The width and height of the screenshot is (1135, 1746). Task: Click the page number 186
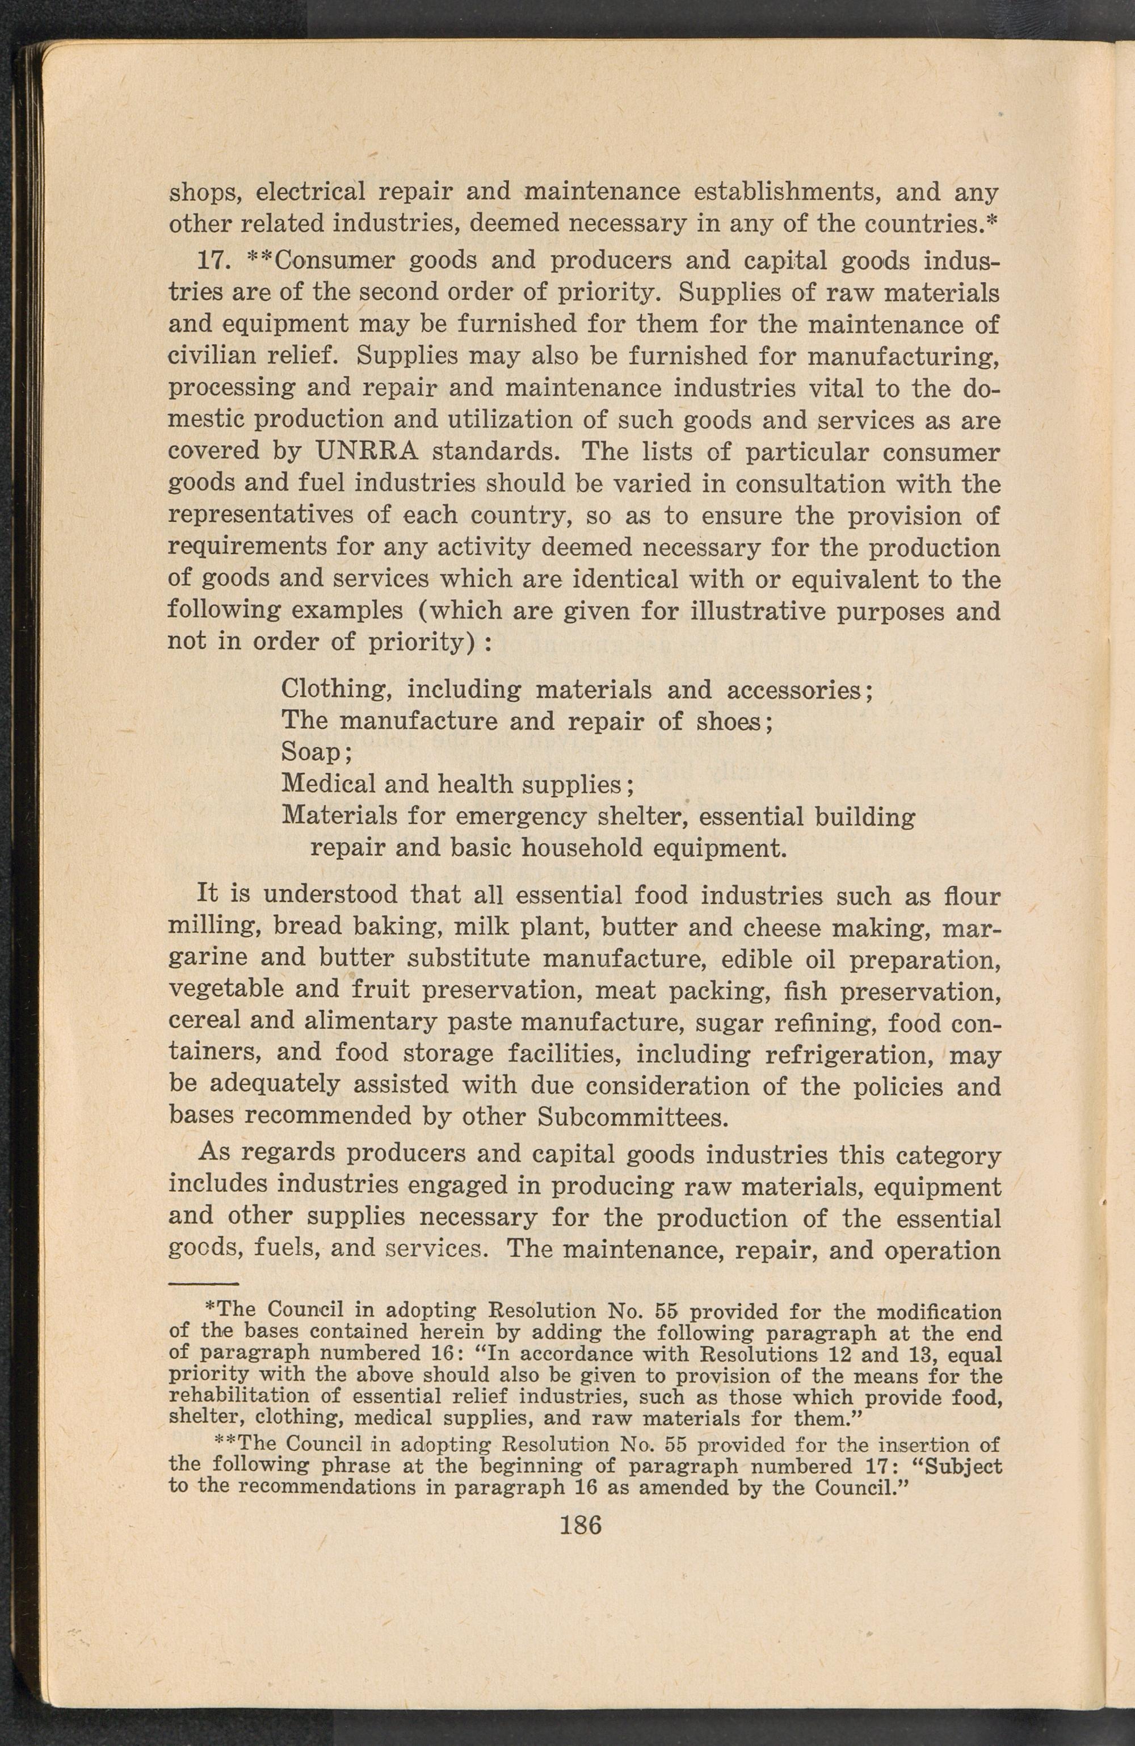[580, 1525]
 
